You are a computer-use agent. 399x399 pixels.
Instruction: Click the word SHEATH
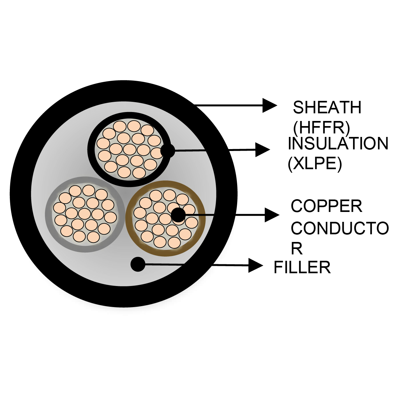coord(327,108)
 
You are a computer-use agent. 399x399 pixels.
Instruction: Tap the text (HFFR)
coord(321,128)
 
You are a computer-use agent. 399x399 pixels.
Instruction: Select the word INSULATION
coord(338,144)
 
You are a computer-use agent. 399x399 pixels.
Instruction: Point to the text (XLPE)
coord(315,164)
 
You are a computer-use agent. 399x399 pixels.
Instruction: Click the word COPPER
coord(326,206)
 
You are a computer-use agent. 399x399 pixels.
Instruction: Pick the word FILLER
coord(302,267)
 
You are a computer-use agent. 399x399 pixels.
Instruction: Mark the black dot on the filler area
coord(138,264)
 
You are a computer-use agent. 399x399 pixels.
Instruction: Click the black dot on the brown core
coord(178,215)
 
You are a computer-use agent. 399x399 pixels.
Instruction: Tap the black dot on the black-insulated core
coord(168,151)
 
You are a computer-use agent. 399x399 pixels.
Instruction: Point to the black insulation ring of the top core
coord(96,169)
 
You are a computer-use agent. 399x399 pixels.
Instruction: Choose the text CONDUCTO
coord(340,229)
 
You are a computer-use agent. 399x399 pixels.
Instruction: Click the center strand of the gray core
coord(85,214)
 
